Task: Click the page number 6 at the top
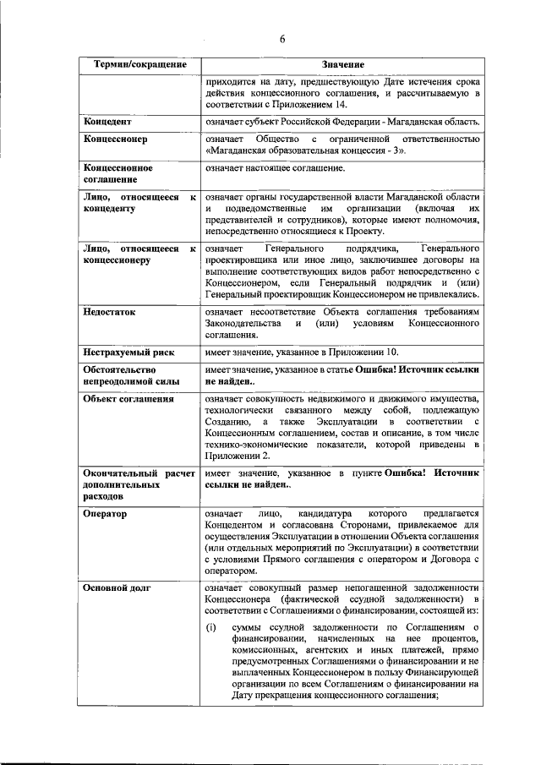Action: point(283,38)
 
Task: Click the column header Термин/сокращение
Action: point(140,65)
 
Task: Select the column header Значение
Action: point(342,65)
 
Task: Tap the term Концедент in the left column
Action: point(107,122)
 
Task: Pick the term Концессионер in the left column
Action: point(115,139)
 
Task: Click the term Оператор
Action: point(106,513)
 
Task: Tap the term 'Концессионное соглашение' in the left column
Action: point(117,174)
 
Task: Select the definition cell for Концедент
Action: point(342,122)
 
